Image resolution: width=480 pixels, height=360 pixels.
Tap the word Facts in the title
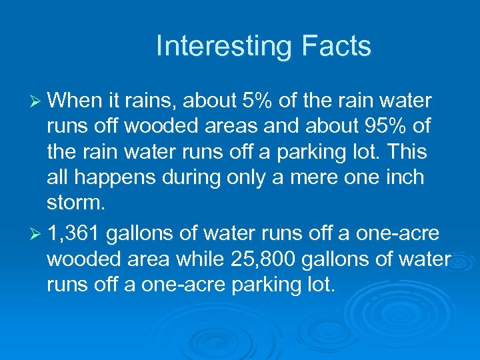336,47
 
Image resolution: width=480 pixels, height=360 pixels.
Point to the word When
76,101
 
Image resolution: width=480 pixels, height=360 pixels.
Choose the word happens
116,177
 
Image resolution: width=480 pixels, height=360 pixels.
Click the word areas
245,126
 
